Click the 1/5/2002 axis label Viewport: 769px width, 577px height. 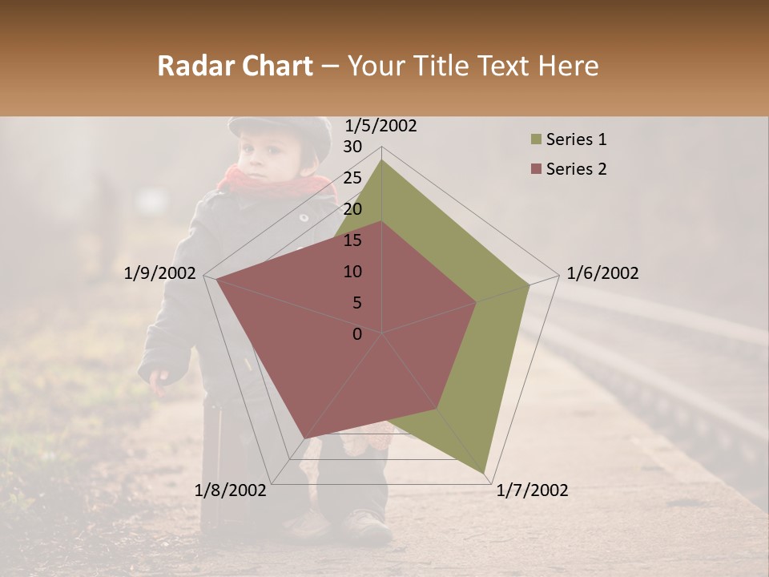pyautogui.click(x=380, y=126)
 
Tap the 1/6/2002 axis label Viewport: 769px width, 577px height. pyautogui.click(x=602, y=273)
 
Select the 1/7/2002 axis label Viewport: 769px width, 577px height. pyautogui.click(x=532, y=490)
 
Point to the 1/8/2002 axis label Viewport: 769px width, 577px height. pyautogui.click(x=231, y=490)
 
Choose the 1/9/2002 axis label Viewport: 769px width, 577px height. pyautogui.click(x=160, y=273)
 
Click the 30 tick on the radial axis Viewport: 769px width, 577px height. pyautogui.click(x=352, y=147)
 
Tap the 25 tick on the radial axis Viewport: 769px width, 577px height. pyautogui.click(x=352, y=178)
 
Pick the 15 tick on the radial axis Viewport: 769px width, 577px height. pyautogui.click(x=352, y=240)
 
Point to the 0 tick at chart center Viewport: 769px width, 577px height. pyautogui.click(x=357, y=334)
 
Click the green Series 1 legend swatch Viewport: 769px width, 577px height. pyautogui.click(x=535, y=140)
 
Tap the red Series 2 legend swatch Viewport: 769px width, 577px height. pyautogui.click(x=535, y=169)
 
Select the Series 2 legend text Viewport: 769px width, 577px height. pyautogui.click(x=576, y=169)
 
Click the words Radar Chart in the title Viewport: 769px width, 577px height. pyautogui.click(x=235, y=66)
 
